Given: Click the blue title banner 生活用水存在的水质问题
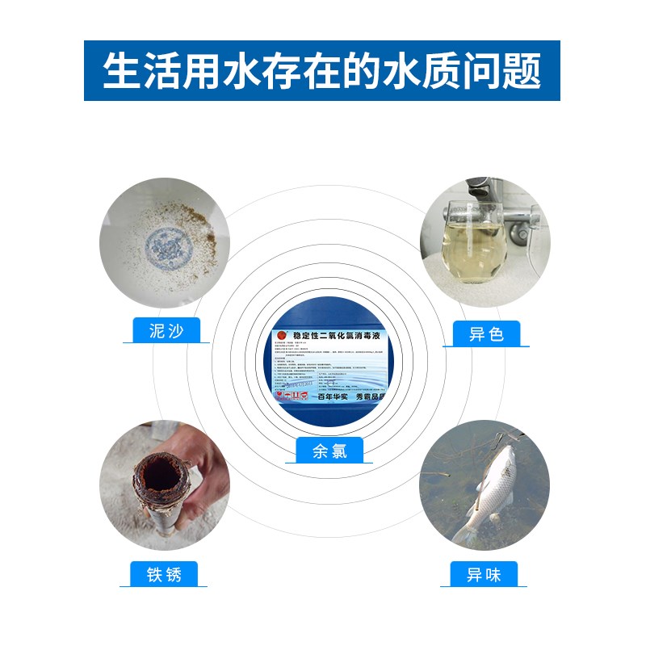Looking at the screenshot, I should pyautogui.click(x=322, y=71).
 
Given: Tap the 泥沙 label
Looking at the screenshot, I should pyautogui.click(x=166, y=331).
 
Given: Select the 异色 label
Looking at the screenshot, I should pyautogui.click(x=485, y=333).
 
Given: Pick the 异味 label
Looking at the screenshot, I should pyautogui.click(x=484, y=575).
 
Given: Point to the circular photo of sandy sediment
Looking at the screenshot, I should pyautogui.click(x=165, y=242).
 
